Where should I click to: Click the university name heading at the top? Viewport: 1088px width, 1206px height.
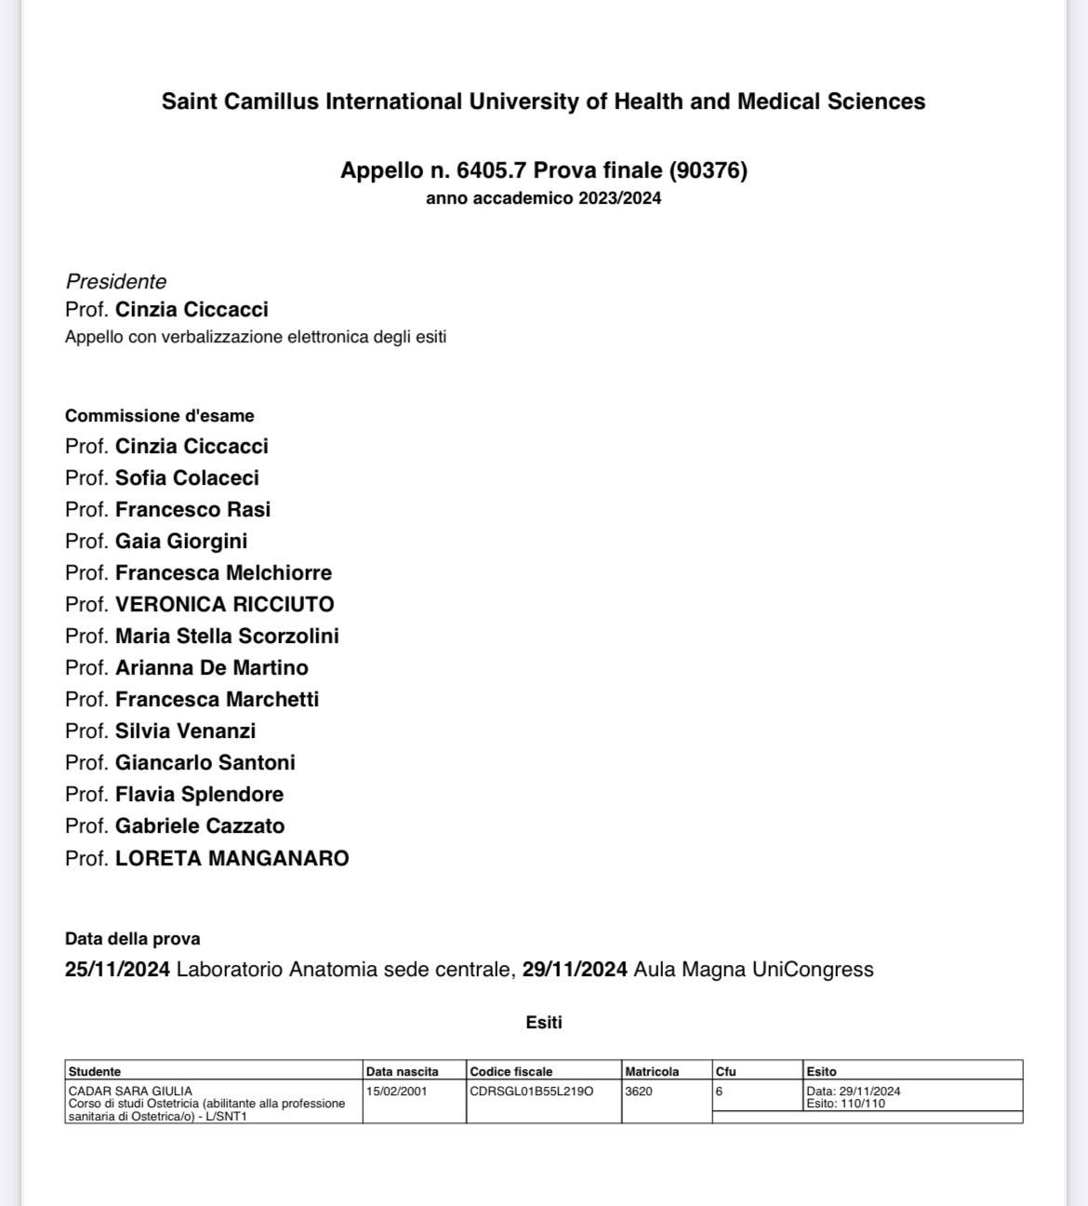coord(543,101)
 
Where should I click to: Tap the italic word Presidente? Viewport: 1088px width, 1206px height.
coord(116,282)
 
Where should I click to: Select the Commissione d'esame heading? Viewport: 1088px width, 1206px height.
coord(159,416)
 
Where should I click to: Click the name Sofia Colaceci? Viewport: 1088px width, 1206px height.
coord(187,478)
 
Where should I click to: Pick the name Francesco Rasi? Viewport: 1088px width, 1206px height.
coord(192,510)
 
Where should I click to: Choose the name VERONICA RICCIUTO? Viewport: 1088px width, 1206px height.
coord(224,605)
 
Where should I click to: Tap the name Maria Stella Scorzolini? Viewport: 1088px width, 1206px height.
coord(227,636)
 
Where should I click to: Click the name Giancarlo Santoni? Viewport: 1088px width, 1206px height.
coord(205,763)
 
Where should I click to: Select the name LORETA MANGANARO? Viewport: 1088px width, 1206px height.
coord(232,858)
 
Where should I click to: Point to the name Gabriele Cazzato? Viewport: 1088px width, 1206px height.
coord(200,826)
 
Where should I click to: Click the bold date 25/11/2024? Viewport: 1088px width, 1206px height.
coord(117,970)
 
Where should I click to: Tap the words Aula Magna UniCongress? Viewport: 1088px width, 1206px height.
coord(753,970)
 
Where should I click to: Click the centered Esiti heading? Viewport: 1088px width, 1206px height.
coord(544,1023)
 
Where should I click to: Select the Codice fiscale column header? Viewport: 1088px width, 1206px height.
coord(511,1072)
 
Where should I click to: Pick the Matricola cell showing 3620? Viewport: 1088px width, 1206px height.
coord(639,1092)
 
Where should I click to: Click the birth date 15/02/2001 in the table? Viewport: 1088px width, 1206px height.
coord(397,1092)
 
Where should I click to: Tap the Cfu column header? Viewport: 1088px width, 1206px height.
coord(725,1072)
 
